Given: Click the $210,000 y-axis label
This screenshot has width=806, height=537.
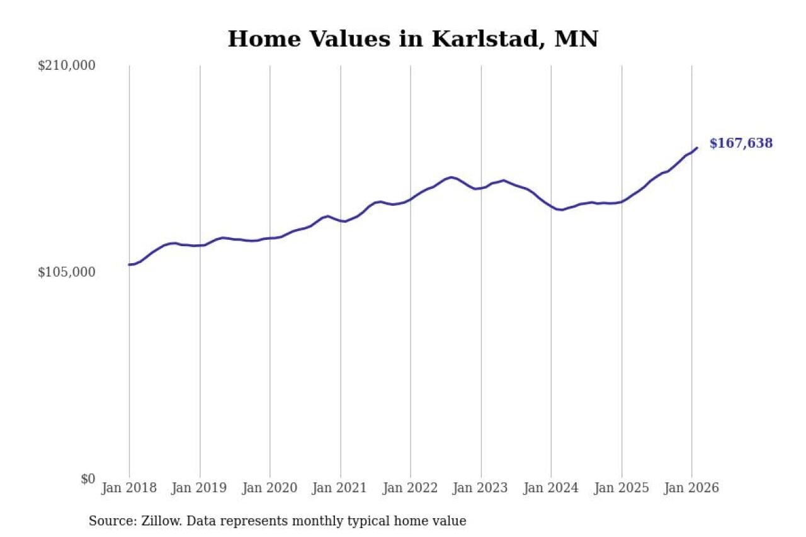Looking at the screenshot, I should [66, 65].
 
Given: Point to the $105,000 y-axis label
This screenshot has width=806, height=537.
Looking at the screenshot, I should [66, 272].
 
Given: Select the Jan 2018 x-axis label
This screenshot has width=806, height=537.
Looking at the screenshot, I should [129, 489].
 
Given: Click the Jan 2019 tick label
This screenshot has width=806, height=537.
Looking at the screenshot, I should [200, 489].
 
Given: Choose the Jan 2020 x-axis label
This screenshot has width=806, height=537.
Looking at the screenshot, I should [270, 489].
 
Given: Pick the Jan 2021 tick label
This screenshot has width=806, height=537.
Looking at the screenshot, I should [341, 489].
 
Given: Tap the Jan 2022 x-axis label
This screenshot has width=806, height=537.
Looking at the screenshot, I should [411, 489].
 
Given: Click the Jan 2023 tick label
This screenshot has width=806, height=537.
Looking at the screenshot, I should [481, 489].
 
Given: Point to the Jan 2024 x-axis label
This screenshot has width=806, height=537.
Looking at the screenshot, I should [551, 489].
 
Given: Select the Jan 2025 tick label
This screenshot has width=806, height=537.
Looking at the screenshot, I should [622, 489].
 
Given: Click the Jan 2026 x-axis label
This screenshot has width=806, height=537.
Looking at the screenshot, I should [692, 489].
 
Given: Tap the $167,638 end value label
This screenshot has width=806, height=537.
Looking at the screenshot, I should [741, 144].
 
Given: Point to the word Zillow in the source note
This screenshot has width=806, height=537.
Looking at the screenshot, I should [154, 521].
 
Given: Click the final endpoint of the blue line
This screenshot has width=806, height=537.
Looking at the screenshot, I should [696, 148].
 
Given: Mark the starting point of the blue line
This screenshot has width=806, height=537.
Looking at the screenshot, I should [129, 264].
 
